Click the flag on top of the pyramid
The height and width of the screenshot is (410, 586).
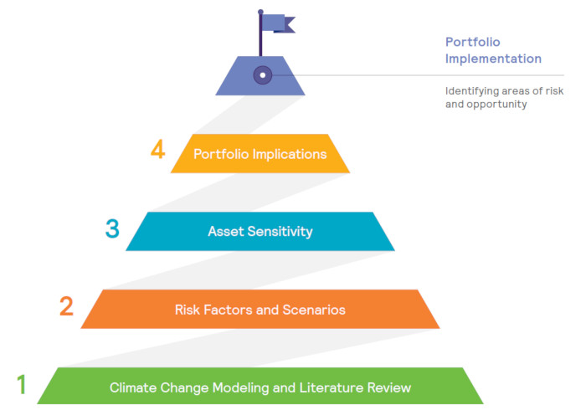point(278,23)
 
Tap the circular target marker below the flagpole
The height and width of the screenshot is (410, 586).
point(263,75)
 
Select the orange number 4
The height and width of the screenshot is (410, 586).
point(157,150)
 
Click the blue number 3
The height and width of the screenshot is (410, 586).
point(112,228)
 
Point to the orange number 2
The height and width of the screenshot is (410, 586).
point(66,306)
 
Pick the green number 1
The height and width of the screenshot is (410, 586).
point(22,384)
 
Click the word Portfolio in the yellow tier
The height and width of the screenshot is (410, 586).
point(221,154)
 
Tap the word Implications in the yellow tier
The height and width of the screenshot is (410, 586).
point(290,154)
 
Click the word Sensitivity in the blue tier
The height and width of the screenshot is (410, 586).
point(280,232)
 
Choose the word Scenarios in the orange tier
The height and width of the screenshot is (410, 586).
point(314,310)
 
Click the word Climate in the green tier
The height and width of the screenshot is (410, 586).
point(133,387)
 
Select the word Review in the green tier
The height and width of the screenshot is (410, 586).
point(389,387)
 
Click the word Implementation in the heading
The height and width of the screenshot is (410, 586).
point(493,59)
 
